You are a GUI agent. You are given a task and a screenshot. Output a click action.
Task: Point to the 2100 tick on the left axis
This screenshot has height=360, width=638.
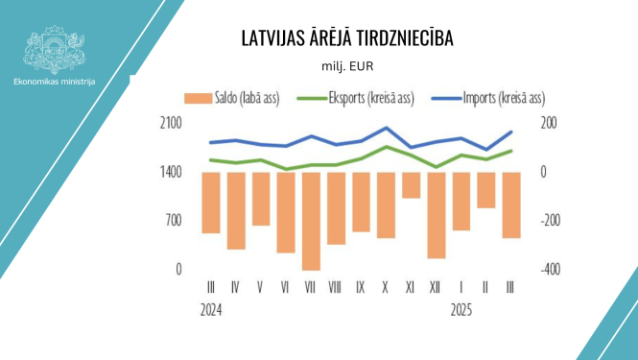[x=170, y=123]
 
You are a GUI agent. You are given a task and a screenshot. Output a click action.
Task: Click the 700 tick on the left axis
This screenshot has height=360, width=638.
[x=174, y=221]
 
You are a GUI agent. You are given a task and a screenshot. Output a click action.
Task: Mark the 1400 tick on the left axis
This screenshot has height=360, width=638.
[x=170, y=172]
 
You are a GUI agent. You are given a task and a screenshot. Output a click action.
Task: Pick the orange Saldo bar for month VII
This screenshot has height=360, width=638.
[x=310, y=221]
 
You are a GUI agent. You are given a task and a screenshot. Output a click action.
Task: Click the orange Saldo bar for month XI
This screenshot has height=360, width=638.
[x=411, y=185]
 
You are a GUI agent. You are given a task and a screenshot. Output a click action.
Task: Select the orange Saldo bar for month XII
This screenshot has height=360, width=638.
[x=436, y=215]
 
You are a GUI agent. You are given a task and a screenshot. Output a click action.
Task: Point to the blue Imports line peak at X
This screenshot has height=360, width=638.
[x=386, y=128]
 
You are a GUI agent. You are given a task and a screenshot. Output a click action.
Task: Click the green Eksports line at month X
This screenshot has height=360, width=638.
[x=386, y=147]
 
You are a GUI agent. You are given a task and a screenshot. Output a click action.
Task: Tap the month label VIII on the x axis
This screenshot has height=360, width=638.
[x=335, y=287]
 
